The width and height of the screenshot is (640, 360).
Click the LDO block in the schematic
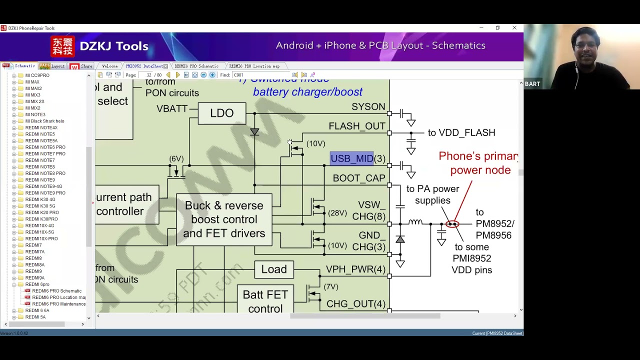coord(221,113)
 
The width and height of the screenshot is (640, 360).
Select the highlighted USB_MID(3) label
coord(357,158)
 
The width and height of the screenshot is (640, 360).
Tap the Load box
coord(274,269)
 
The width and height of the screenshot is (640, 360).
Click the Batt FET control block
coord(265,301)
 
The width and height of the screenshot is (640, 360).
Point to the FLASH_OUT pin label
coord(357,126)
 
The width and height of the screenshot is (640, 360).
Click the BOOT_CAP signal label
coord(359,178)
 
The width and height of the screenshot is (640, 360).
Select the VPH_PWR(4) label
coord(355,269)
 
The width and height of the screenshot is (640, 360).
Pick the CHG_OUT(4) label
coord(355,304)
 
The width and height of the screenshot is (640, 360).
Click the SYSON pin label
coord(368,107)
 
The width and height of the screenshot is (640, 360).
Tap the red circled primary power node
coord(452,224)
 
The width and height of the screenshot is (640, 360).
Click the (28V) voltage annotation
coord(337,213)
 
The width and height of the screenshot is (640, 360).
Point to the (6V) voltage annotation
coord(176,159)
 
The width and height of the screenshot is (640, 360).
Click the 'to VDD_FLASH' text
coord(461,132)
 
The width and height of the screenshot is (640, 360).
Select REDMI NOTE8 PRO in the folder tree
coord(45,173)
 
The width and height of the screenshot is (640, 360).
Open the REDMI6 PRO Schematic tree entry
coord(56,291)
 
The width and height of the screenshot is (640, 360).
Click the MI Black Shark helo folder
coord(44,121)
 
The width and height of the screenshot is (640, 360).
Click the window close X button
coord(514,28)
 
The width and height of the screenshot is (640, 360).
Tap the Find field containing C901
coord(260,75)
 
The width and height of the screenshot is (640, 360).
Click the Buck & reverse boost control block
coord(224,219)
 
